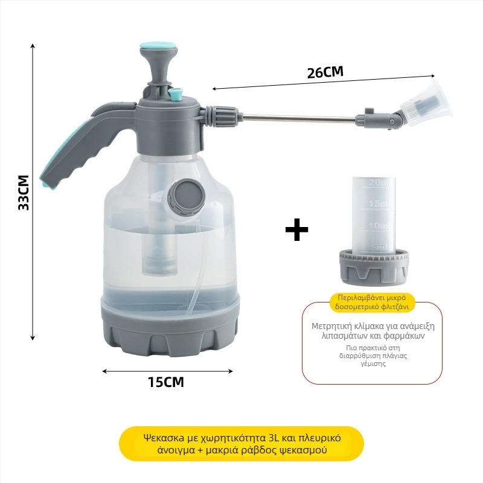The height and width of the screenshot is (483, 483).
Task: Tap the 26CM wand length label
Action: click(x=325, y=72)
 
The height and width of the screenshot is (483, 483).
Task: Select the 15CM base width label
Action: click(x=165, y=382)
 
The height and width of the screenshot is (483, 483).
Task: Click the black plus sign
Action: click(x=296, y=230)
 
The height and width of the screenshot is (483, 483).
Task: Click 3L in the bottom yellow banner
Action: click(x=278, y=438)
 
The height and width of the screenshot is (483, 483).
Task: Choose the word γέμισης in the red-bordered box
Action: click(x=373, y=365)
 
